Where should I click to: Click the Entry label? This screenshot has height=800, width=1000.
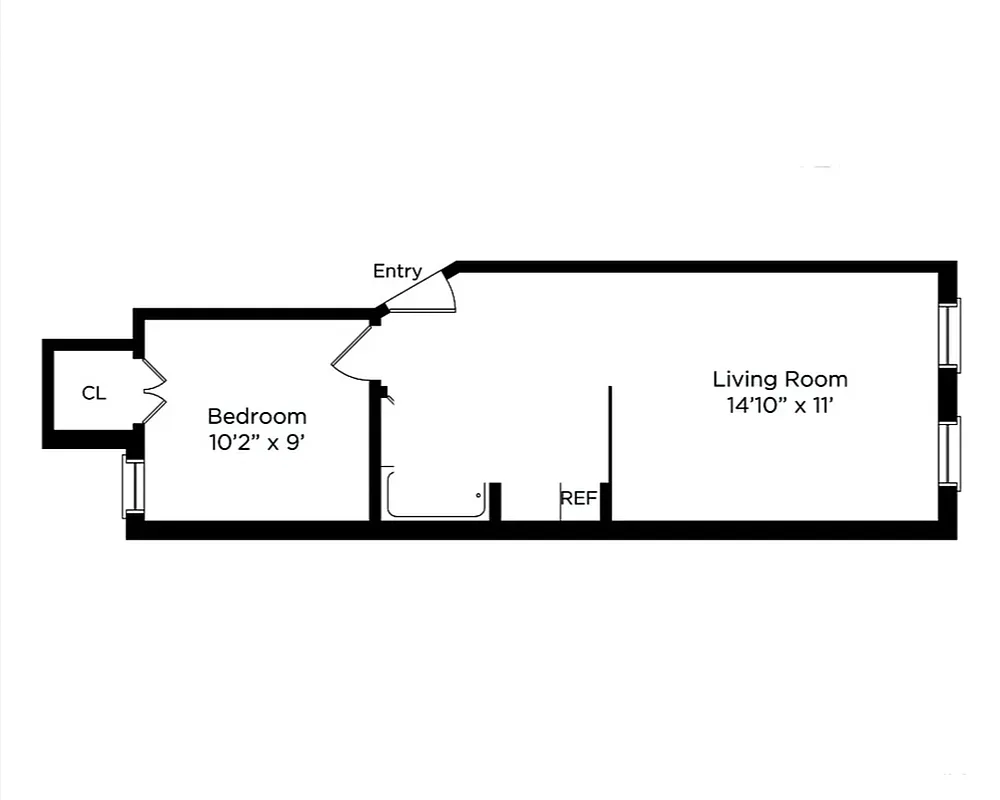pyautogui.click(x=397, y=271)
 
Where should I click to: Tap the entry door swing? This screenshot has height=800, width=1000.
pyautogui.click(x=425, y=292)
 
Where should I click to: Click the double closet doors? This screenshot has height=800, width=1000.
pyautogui.click(x=153, y=392)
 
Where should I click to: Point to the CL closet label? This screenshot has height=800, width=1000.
pyautogui.click(x=93, y=394)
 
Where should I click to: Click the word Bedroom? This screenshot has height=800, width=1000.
pyautogui.click(x=257, y=416)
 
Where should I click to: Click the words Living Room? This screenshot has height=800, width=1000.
pyautogui.click(x=780, y=380)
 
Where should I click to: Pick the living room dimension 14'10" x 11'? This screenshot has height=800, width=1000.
pyautogui.click(x=780, y=405)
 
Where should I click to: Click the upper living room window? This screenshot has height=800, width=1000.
pyautogui.click(x=951, y=334)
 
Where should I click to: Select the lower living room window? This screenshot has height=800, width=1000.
pyautogui.click(x=951, y=453)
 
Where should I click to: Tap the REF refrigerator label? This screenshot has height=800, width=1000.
pyautogui.click(x=578, y=498)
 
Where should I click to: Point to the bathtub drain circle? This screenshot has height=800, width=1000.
pyautogui.click(x=478, y=494)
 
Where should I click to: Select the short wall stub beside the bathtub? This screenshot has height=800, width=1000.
pyautogui.click(x=494, y=501)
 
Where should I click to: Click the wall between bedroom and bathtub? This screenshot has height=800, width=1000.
pyautogui.click(x=375, y=450)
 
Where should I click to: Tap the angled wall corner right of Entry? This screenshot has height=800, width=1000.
pyautogui.click(x=450, y=269)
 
